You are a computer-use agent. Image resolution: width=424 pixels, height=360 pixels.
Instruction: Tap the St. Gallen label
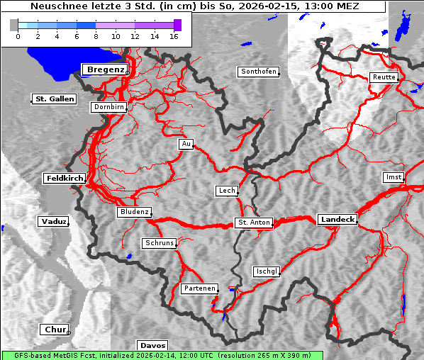(x=54, y=99)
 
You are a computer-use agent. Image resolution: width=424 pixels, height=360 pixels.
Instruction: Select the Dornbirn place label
(x=109, y=108)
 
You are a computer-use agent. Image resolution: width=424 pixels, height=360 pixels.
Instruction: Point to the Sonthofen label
(x=258, y=72)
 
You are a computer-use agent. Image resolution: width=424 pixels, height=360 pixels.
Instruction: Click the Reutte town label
(x=384, y=77)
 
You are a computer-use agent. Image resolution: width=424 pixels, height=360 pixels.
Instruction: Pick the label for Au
(x=186, y=144)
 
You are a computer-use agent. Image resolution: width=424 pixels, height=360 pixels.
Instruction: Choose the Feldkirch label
(x=65, y=178)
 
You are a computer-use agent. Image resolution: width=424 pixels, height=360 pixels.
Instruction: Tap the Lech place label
(x=226, y=191)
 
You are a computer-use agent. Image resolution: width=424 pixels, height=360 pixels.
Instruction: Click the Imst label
(x=392, y=176)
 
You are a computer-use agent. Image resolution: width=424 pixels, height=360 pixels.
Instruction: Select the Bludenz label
(x=134, y=212)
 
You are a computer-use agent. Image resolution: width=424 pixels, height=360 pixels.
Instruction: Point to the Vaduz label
(x=53, y=222)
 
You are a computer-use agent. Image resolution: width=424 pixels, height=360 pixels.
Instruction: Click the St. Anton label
(x=254, y=223)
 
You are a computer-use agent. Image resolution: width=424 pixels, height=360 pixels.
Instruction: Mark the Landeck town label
(x=337, y=220)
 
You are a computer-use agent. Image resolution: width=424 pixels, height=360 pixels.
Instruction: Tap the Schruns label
(x=159, y=243)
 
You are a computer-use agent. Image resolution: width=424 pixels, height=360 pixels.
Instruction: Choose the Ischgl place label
(x=267, y=271)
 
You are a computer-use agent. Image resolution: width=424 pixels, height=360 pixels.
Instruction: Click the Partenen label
(x=199, y=288)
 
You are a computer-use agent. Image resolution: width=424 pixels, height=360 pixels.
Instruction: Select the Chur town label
(x=55, y=330)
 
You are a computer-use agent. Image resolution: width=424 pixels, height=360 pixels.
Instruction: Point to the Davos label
(x=152, y=346)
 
